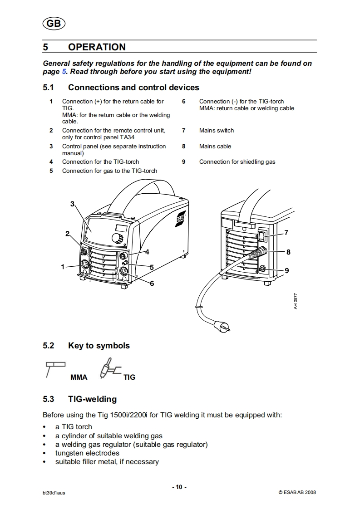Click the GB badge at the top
[x=54, y=24]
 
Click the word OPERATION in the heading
[x=97, y=47]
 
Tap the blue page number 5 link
[x=64, y=71]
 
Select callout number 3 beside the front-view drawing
[x=72, y=204]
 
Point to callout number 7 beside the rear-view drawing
[x=286, y=233]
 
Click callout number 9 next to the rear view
[x=286, y=270]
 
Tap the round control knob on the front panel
[x=118, y=238]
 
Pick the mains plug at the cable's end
[x=223, y=327]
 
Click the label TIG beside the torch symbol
[x=129, y=377]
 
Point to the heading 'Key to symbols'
[x=99, y=346]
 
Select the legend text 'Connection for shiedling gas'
[x=237, y=162]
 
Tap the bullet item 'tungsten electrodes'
[x=87, y=453]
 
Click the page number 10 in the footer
[x=179, y=487]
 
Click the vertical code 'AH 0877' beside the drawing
[x=296, y=301]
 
